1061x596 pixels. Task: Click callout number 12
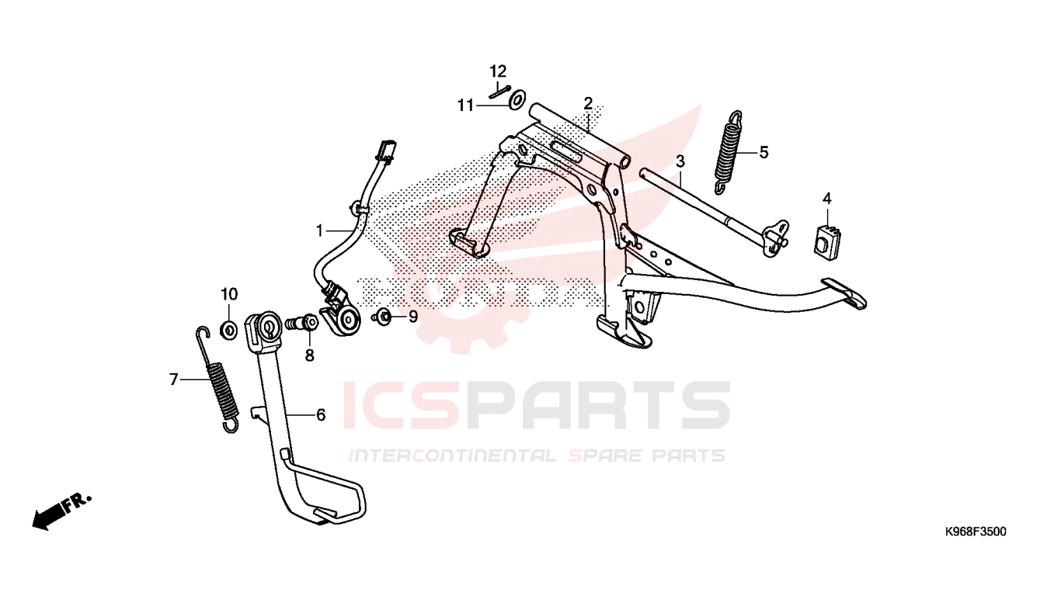click(498, 71)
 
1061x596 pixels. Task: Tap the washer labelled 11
click(517, 100)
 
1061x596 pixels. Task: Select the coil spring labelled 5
click(729, 152)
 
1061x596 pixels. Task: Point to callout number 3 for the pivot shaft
click(680, 161)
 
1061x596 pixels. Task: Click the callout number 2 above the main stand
click(588, 103)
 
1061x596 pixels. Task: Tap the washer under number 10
click(229, 329)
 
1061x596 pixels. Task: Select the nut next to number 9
click(383, 317)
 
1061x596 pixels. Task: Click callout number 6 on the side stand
click(321, 415)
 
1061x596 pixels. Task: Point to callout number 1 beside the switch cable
click(320, 231)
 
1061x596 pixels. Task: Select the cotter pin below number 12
click(500, 92)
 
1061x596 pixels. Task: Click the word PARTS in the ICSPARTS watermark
click(596, 406)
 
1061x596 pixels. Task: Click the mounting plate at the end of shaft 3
click(776, 238)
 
